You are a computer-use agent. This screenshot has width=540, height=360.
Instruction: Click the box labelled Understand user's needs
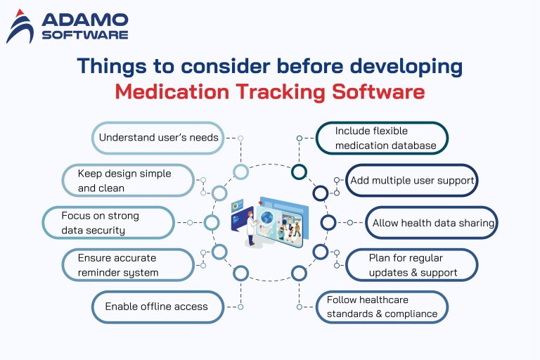[x=158, y=138]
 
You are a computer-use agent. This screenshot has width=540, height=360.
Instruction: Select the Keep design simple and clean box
[x=127, y=180]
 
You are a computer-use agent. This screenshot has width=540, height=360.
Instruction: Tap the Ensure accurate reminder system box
[x=127, y=264]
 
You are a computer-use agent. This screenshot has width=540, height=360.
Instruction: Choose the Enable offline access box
[x=157, y=307]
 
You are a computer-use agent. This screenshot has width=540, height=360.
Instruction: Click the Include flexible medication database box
[x=382, y=138]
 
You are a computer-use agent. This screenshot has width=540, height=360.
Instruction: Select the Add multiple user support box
[x=412, y=180]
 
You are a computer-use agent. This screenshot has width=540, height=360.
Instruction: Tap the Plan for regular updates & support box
[x=412, y=264]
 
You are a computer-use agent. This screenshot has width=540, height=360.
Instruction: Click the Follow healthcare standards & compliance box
[x=382, y=307]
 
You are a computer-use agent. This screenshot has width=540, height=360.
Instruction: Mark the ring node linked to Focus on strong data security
[x=212, y=223]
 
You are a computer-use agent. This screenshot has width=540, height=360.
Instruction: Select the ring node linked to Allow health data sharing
[x=328, y=223]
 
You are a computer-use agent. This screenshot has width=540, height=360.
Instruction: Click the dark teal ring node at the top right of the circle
[x=299, y=172]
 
